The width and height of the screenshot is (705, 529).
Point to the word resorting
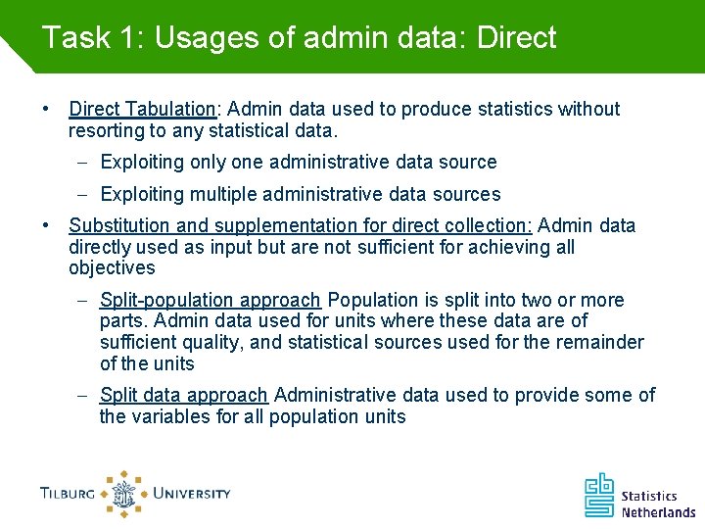coord(105,130)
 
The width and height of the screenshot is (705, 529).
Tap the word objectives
coord(112,267)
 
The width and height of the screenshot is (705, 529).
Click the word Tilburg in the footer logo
coord(68,494)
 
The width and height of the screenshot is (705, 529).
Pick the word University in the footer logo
coord(191,494)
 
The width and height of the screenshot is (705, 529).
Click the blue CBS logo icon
coord(599,495)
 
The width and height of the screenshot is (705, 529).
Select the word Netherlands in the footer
coord(658,511)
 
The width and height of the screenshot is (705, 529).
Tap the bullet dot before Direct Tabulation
coord(47,109)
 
